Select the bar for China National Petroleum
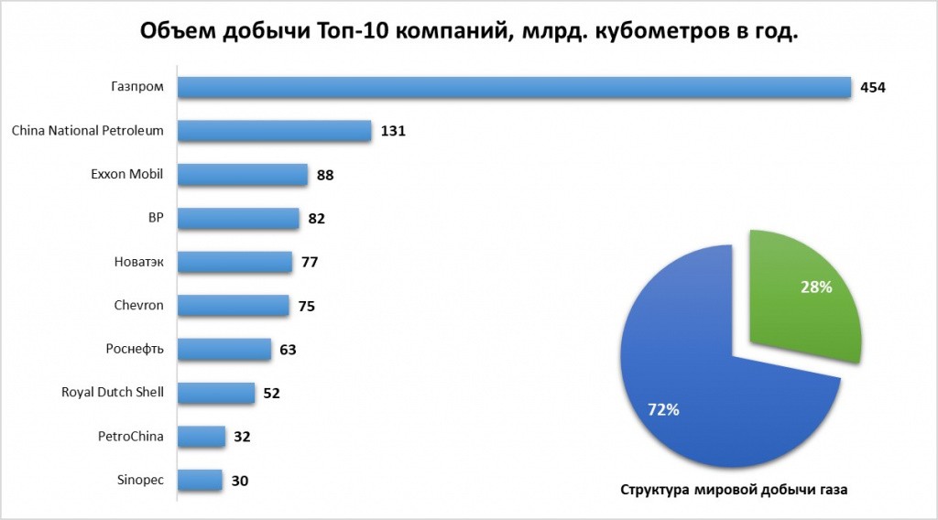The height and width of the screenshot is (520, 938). pyautogui.click(x=274, y=131)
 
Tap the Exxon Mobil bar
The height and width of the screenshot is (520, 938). pyautogui.click(x=242, y=174)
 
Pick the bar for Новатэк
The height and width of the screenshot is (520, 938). pyautogui.click(x=234, y=262)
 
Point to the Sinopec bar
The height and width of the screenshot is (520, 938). pyautogui.click(x=200, y=481)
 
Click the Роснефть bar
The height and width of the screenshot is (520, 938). pyautogui.click(x=224, y=350)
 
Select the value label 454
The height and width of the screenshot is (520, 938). pyautogui.click(x=875, y=88)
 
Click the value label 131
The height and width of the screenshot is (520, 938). pyautogui.click(x=392, y=132)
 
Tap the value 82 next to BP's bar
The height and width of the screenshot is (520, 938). pyautogui.click(x=317, y=219)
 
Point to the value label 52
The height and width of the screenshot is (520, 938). pyautogui.click(x=270, y=394)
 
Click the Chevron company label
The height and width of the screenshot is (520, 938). pyautogui.click(x=140, y=305)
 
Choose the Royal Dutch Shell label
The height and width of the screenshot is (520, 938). pyautogui.click(x=112, y=393)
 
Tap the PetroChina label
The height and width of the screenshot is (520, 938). pyautogui.click(x=130, y=437)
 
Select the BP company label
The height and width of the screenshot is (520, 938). pyautogui.click(x=155, y=218)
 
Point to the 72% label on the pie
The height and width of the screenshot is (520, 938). pyautogui.click(x=663, y=410)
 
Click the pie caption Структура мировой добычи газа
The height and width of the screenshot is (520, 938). pyautogui.click(x=735, y=490)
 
